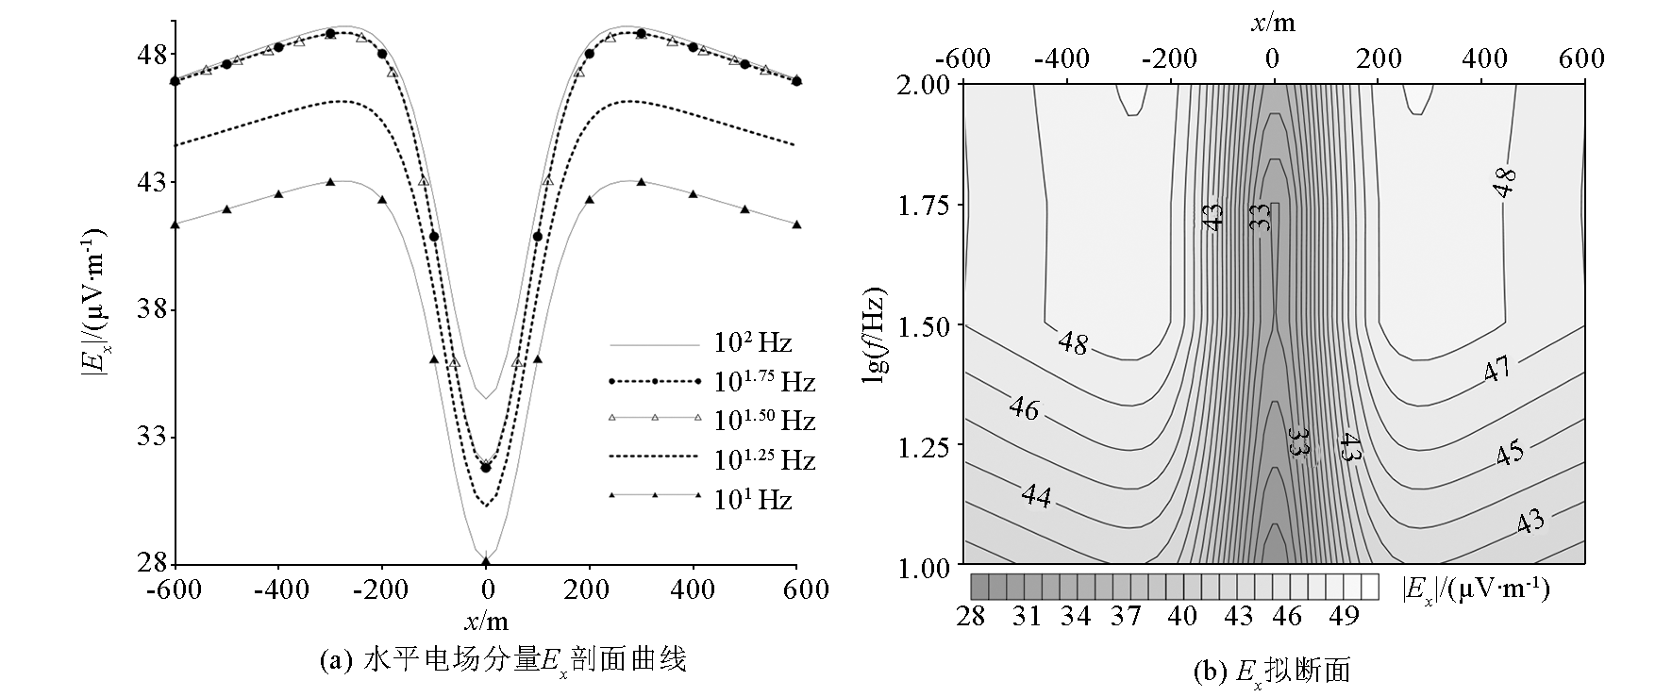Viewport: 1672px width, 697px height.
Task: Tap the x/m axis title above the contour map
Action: click(1273, 24)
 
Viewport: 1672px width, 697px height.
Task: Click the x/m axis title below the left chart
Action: click(486, 621)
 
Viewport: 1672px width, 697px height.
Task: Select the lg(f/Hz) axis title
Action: click(875, 324)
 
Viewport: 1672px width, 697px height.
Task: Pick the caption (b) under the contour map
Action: click(1273, 671)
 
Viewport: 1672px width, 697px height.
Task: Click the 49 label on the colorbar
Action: click(1344, 617)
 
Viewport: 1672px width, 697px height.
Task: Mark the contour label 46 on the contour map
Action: click(1024, 409)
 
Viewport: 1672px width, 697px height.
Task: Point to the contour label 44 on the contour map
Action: click(1037, 495)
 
